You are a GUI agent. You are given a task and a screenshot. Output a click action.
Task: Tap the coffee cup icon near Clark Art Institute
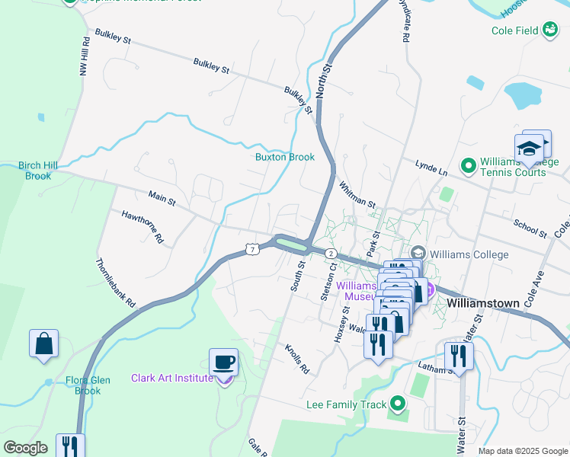pyautogui.click(x=223, y=362)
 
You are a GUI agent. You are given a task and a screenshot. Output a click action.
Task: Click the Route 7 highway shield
pyautogui.click(x=252, y=249)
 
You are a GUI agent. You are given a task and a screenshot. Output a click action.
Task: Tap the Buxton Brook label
pyautogui.click(x=284, y=157)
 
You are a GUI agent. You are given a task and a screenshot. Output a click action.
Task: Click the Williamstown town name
pyautogui.click(x=483, y=302)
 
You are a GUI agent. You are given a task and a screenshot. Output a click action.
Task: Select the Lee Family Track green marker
pyautogui.click(x=397, y=404)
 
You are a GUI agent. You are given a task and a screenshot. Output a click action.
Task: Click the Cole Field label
pyautogui.click(x=514, y=30)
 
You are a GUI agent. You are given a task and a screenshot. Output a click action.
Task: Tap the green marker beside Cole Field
pyautogui.click(x=549, y=30)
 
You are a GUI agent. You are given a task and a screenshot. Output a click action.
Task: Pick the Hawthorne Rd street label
pyautogui.click(x=143, y=226)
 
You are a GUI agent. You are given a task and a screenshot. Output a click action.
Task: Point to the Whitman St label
pyautogui.click(x=357, y=195)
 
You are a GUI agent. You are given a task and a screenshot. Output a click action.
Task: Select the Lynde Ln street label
pyautogui.click(x=431, y=168)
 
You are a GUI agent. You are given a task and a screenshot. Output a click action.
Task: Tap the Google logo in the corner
pyautogui.click(x=26, y=448)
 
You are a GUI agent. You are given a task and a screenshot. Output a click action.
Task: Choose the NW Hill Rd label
pyautogui.click(x=85, y=59)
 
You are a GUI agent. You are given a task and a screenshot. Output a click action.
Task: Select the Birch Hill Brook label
pyautogui.click(x=37, y=171)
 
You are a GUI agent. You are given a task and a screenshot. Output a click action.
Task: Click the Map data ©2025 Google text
pyautogui.click(x=522, y=451)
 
